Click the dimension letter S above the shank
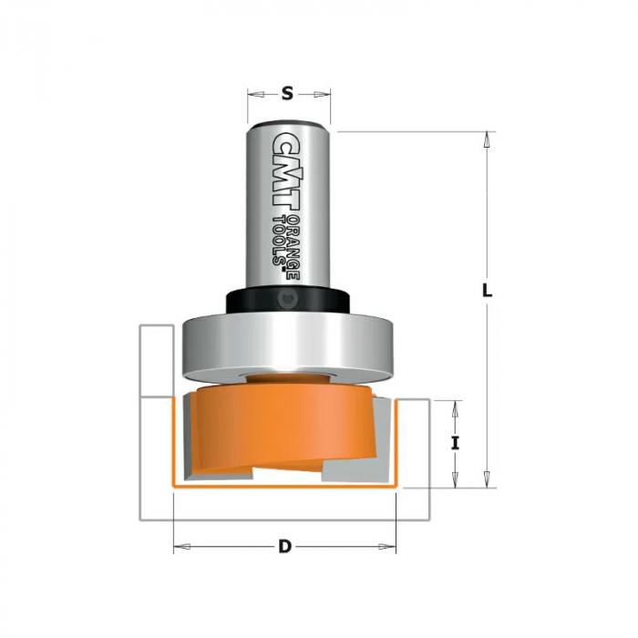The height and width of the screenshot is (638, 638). point(287,94)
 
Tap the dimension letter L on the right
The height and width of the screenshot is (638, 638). point(487,291)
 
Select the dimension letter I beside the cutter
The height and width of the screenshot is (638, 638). point(456,443)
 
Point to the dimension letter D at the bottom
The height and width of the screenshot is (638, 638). point(284,547)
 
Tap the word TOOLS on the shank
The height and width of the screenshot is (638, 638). point(279,240)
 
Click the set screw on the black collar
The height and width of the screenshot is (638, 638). point(288,300)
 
